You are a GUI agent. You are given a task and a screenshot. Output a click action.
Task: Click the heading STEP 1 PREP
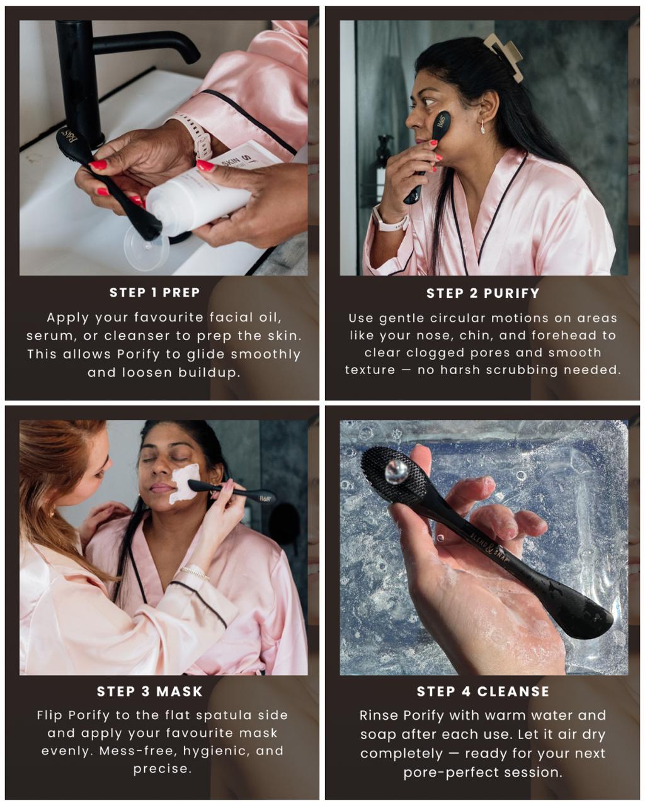[154, 292]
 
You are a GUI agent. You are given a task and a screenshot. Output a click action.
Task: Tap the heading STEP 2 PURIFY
[482, 293]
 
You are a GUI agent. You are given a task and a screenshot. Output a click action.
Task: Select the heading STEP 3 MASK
[150, 691]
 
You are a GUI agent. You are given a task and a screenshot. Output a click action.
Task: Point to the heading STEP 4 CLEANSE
[482, 691]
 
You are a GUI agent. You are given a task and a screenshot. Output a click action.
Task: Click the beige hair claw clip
[505, 56]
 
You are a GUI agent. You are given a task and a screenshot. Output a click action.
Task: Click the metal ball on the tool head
[396, 472]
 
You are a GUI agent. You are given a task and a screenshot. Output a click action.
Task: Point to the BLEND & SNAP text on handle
[497, 548]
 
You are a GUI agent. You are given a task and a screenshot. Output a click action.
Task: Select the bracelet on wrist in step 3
[194, 572]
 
